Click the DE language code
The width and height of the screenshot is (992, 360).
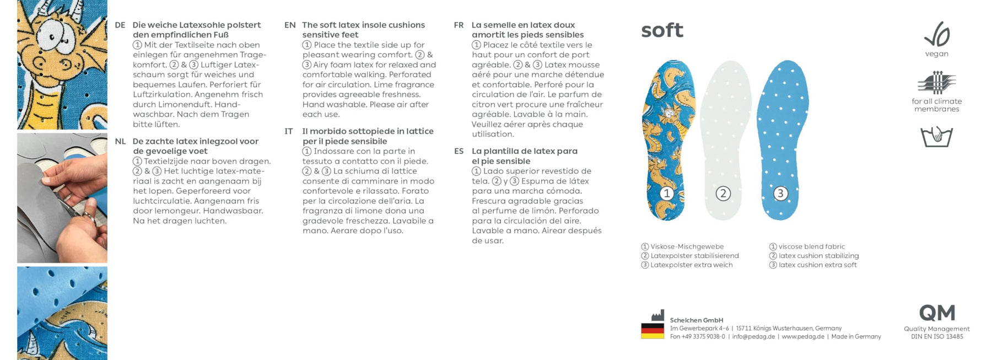point(120,25)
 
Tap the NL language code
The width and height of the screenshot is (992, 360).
point(120,142)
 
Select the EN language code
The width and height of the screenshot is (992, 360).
point(290,25)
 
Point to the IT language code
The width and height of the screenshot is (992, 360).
point(289,131)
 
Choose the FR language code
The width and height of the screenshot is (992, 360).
point(459,25)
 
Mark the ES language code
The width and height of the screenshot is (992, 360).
point(459,151)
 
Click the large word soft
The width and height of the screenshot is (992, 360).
point(662,30)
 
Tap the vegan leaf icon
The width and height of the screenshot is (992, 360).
point(937,34)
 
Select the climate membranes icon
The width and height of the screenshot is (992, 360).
point(936,83)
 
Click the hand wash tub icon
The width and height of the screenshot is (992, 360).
point(936,136)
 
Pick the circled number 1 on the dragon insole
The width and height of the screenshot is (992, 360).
point(667,194)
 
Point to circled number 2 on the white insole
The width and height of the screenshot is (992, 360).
point(723,194)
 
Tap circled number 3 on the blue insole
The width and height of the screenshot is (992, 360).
point(780,194)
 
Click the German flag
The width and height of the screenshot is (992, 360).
point(652,330)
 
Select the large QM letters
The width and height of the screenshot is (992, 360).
point(937,313)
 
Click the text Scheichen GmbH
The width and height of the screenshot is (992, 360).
point(697,320)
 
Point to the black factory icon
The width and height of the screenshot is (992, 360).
point(657,315)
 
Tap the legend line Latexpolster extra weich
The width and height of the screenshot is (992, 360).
point(691,265)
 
